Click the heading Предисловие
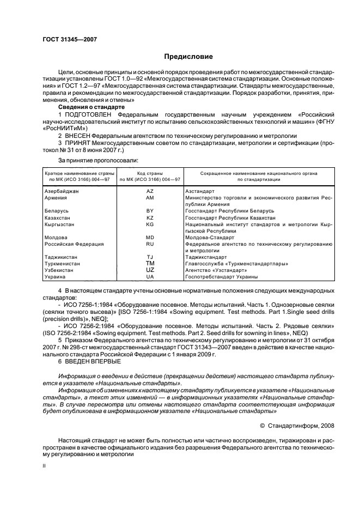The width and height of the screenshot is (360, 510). (x=188, y=56)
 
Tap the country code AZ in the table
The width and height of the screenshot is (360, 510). (x=150, y=191)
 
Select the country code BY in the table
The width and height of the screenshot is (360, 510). (x=150, y=210)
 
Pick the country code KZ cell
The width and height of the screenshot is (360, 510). (x=150, y=217)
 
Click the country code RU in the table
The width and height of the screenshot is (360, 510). (x=150, y=244)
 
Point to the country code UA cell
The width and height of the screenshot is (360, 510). (x=150, y=277)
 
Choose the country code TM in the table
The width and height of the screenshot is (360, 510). (x=150, y=264)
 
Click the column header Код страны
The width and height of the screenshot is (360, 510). (x=150, y=172)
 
